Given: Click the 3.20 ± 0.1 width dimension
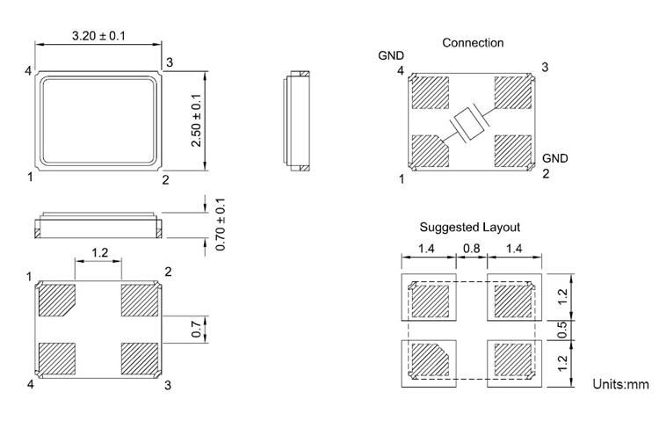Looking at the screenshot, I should pyautogui.click(x=98, y=35).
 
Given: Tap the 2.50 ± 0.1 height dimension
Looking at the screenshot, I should pyautogui.click(x=196, y=120).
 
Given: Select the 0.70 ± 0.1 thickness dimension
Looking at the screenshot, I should pyautogui.click(x=221, y=224).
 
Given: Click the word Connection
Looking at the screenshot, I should pyautogui.click(x=473, y=42).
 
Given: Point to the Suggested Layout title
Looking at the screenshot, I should pyautogui.click(x=469, y=227).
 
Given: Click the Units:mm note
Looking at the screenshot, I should pyautogui.click(x=620, y=385).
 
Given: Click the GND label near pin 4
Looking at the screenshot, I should pyautogui.click(x=391, y=55).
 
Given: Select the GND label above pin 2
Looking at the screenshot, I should pyautogui.click(x=554, y=158).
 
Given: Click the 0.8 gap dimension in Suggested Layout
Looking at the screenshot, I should pyautogui.click(x=471, y=250).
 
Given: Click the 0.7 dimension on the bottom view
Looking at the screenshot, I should pyautogui.click(x=196, y=330).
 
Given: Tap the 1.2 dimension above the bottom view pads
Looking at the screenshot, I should pyautogui.click(x=98, y=253).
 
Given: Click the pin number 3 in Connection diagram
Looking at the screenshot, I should pyautogui.click(x=545, y=68).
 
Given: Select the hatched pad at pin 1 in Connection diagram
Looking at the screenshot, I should pyautogui.click(x=429, y=150).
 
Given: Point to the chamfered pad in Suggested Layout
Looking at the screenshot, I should pyautogui.click(x=431, y=359).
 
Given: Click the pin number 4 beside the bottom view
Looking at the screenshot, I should pyautogui.click(x=31, y=385).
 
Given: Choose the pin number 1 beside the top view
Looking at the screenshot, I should pyautogui.click(x=31, y=177).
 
